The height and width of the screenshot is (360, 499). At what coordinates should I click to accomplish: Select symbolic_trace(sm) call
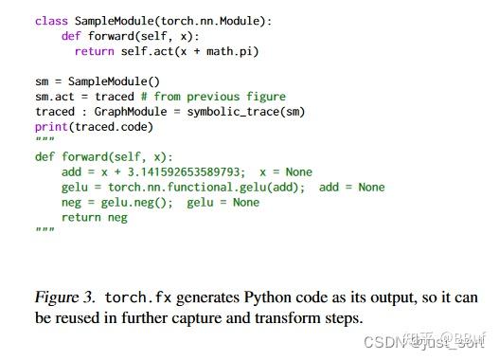click(255, 112)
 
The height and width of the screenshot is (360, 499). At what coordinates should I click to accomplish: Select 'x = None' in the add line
click(285, 172)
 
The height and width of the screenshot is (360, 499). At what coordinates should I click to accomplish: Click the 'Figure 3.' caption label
click(65, 297)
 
